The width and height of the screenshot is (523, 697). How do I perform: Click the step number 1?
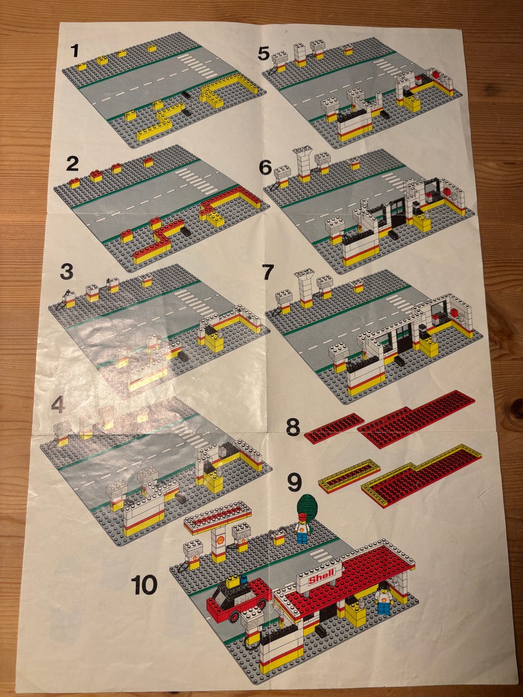click(x=75, y=51)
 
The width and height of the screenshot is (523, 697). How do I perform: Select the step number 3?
click(x=66, y=272)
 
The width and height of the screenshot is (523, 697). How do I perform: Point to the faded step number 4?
click(x=58, y=405)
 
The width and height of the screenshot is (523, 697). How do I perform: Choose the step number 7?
click(x=267, y=272)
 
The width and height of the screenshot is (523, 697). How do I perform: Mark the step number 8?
click(x=293, y=427)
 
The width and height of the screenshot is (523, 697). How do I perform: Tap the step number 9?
click(x=294, y=484)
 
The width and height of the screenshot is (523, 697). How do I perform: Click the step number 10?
click(x=144, y=585)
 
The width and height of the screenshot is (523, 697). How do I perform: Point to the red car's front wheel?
click(x=235, y=607)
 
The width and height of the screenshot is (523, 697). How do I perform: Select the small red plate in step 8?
click(x=333, y=426)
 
